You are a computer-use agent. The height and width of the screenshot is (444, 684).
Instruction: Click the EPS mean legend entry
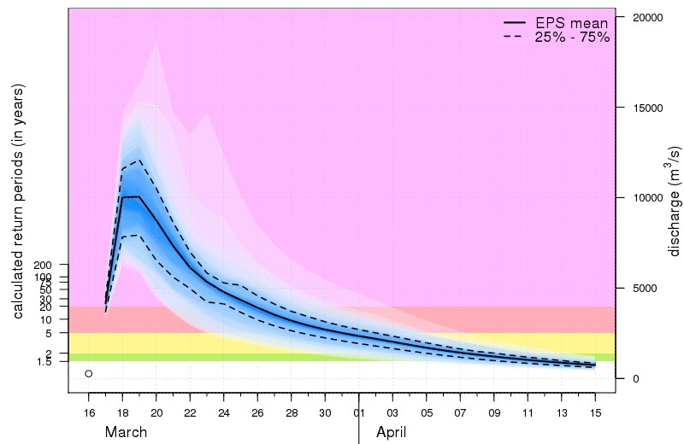click(571, 23)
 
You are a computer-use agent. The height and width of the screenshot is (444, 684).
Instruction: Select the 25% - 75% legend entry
click(571, 38)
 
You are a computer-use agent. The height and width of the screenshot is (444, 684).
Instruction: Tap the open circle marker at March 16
click(88, 374)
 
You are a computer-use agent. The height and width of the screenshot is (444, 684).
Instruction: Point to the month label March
click(127, 432)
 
